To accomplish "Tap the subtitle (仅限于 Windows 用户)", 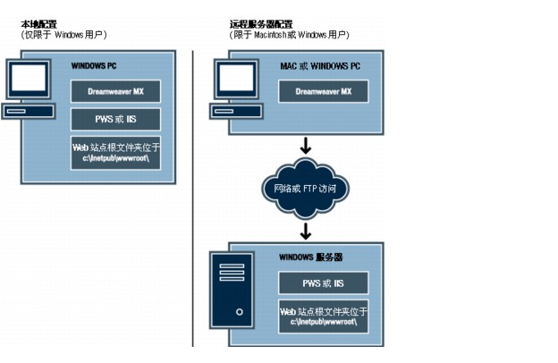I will click(63, 34).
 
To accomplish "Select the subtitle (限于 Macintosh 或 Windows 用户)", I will click(290, 34).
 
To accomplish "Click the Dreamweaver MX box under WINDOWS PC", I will click(116, 91).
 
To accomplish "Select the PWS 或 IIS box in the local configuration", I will click(116, 119).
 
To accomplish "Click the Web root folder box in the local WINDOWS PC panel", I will click(116, 152).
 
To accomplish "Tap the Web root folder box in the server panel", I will click(324, 317).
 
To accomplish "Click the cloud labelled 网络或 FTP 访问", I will click(305, 188).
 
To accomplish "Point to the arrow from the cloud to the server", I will click(305, 231).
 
